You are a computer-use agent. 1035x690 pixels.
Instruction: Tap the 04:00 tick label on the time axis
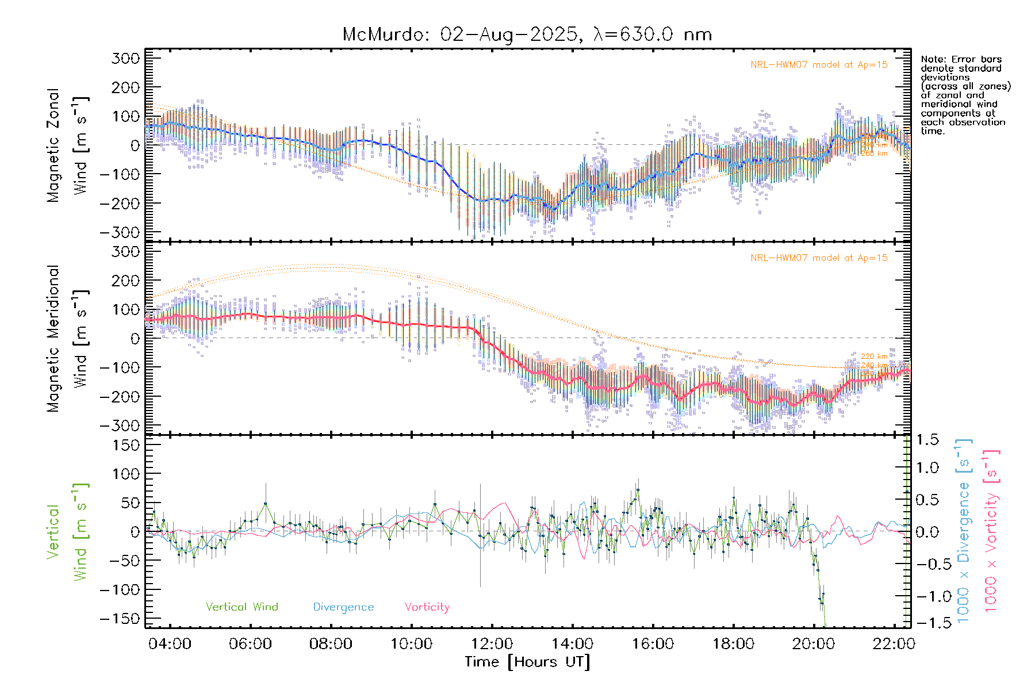pyautogui.click(x=170, y=643)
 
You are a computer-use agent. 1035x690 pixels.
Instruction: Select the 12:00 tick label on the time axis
pyautogui.click(x=492, y=643)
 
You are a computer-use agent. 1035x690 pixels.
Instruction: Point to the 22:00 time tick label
pyautogui.click(x=893, y=643)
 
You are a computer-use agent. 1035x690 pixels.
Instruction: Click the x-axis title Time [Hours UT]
pyautogui.click(x=527, y=662)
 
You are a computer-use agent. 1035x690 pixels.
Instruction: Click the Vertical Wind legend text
pyautogui.click(x=241, y=607)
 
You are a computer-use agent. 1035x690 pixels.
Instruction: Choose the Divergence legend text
pyautogui.click(x=343, y=607)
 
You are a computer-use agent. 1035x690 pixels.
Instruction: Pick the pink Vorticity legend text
pyautogui.click(x=427, y=607)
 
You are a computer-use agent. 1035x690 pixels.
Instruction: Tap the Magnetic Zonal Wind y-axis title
pyautogui.click(x=68, y=145)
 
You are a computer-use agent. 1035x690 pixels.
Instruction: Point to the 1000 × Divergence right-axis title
pyautogui.click(x=964, y=532)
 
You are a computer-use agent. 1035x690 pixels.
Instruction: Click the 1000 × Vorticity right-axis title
pyautogui.click(x=991, y=532)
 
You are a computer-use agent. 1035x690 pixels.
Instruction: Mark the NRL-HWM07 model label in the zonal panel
pyautogui.click(x=819, y=65)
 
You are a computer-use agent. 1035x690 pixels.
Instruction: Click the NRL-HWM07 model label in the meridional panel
pyautogui.click(x=819, y=258)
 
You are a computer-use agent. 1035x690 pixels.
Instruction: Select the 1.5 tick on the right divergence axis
pyautogui.click(x=927, y=440)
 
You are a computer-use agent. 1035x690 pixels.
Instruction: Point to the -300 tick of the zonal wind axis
pyautogui.click(x=120, y=232)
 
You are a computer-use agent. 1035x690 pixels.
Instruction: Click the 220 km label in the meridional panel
pyautogui.click(x=874, y=356)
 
